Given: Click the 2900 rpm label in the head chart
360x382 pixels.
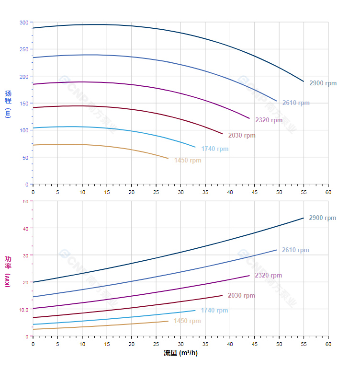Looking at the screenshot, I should pyautogui.click(x=323, y=83).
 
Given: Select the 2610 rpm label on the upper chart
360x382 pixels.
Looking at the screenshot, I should pyautogui.click(x=295, y=103).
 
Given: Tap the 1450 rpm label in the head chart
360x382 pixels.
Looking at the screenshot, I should pyautogui.click(x=188, y=161).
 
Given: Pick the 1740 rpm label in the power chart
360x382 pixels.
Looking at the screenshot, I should pyautogui.click(x=214, y=311).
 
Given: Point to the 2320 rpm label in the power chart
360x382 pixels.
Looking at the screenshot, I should pyautogui.click(x=268, y=276).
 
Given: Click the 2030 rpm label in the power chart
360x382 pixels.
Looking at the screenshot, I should pyautogui.click(x=241, y=296).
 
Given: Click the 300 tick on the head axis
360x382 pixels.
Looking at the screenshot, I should pyautogui.click(x=24, y=23).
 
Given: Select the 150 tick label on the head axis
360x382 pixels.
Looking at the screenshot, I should pyautogui.click(x=24, y=104).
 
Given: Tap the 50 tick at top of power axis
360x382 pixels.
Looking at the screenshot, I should pyautogui.click(x=25, y=201).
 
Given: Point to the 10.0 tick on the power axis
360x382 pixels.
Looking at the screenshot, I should pyautogui.click(x=23, y=310).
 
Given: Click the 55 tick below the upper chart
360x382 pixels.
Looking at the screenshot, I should pyautogui.click(x=304, y=192).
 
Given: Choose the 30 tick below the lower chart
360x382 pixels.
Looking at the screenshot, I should pyautogui.click(x=180, y=344).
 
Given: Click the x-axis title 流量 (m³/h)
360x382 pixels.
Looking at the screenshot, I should pyautogui.click(x=180, y=353).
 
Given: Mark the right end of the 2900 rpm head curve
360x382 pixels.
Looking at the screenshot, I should pyautogui.click(x=304, y=81).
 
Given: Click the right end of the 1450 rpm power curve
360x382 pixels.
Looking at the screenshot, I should pyautogui.click(x=168, y=321).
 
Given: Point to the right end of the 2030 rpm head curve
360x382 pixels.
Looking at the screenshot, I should pyautogui.click(x=222, y=134).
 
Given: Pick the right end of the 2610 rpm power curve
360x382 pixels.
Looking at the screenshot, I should pyautogui.click(x=276, y=250).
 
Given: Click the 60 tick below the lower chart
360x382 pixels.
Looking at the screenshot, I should pyautogui.click(x=328, y=344).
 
